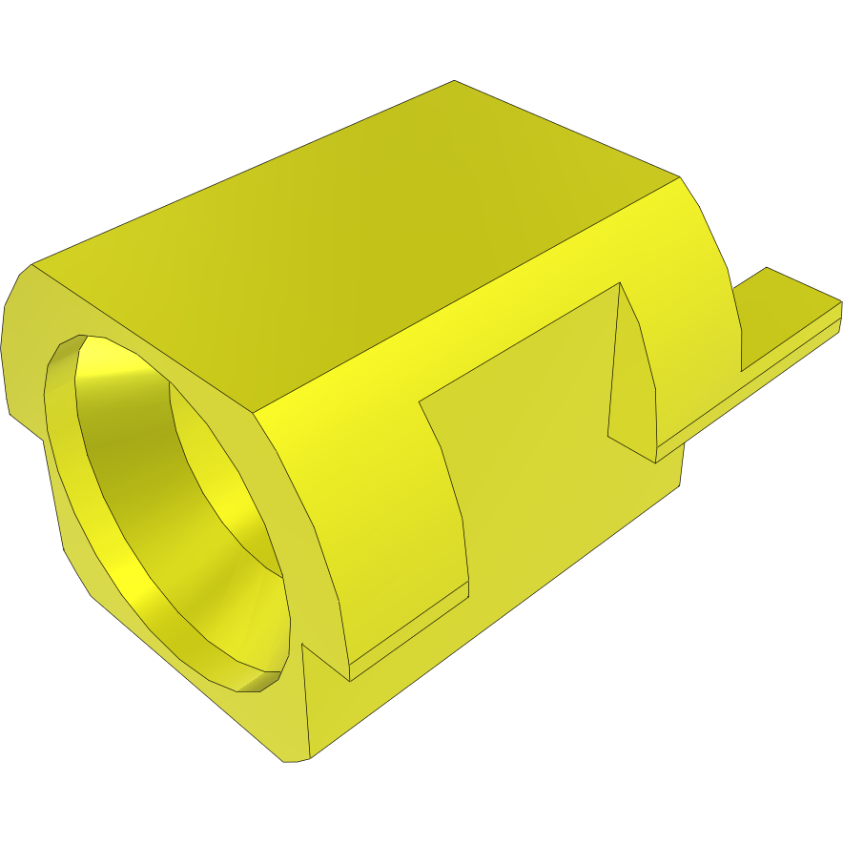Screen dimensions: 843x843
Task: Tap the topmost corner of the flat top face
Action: pos(454,81)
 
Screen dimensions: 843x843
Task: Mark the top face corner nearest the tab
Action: pos(679,176)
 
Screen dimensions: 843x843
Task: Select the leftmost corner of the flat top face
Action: pos(33,264)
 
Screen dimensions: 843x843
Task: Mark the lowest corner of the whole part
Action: pos(286,761)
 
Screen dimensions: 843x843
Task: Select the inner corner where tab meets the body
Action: pos(741,371)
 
